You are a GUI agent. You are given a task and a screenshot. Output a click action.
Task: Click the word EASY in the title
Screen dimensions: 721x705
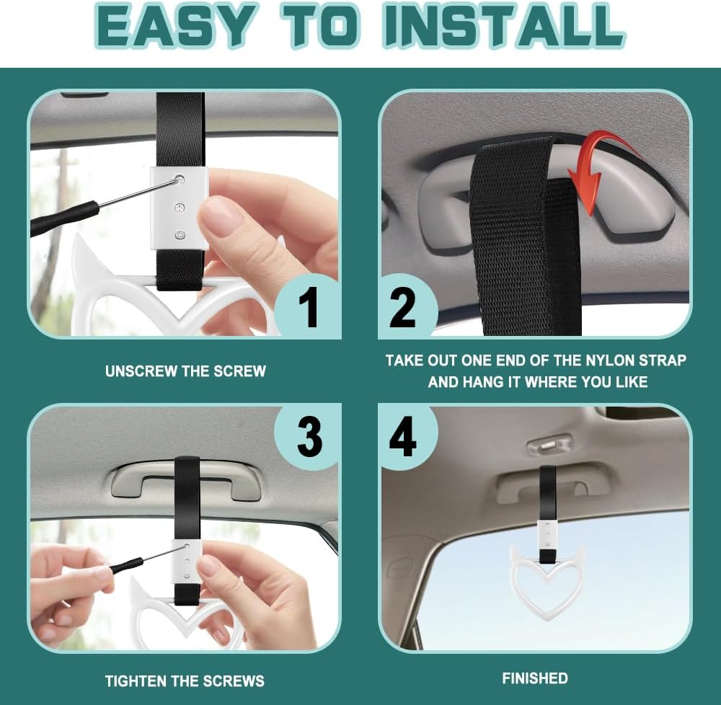[x=175, y=25]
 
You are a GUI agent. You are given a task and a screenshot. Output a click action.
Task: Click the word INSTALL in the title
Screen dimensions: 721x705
[x=504, y=25]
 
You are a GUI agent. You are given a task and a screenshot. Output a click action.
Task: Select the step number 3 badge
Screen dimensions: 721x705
[x=308, y=437]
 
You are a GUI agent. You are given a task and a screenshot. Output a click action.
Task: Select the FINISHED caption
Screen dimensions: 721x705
[x=535, y=678]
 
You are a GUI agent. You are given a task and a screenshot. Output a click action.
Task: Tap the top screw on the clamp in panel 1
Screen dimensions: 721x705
[x=180, y=178]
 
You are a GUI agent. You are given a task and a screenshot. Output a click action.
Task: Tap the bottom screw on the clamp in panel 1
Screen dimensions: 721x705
[x=180, y=235]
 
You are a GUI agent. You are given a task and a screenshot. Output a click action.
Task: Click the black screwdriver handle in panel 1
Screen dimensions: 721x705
[x=64, y=218]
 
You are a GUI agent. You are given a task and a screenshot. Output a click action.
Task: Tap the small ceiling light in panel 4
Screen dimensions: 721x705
[x=549, y=443]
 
